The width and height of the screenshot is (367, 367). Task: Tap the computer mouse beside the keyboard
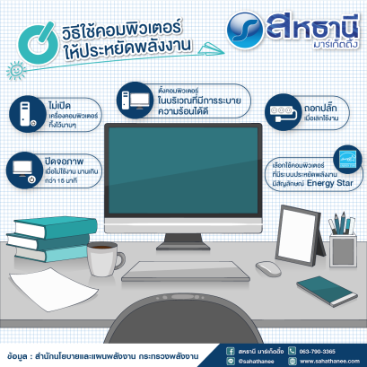pos(267,267)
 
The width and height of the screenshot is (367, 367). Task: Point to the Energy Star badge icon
pos(345,157)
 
